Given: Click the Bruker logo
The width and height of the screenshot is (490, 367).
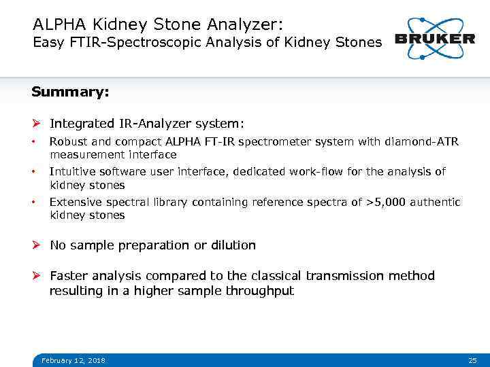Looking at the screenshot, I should pyautogui.click(x=435, y=38).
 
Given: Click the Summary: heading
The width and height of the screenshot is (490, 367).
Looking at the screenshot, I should pyautogui.click(x=70, y=92).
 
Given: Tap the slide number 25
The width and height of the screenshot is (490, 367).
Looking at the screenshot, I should pyautogui.click(x=472, y=360).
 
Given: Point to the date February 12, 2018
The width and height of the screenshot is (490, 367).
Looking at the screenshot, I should pyautogui.click(x=73, y=360).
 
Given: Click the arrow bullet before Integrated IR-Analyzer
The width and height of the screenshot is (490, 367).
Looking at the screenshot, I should pyautogui.click(x=37, y=124).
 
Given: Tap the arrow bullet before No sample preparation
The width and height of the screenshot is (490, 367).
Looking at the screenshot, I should pyautogui.click(x=37, y=245).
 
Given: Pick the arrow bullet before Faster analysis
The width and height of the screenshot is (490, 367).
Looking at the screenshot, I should pyautogui.click(x=37, y=276).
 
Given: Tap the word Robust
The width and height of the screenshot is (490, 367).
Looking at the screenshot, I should pyautogui.click(x=68, y=142).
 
